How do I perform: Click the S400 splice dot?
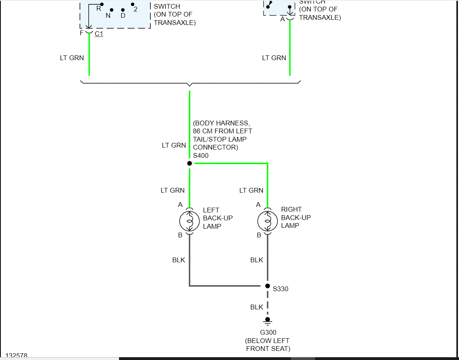click(189, 163)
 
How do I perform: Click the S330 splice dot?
click(267, 286)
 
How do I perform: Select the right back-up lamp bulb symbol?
click(267, 220)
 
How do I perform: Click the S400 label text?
click(201, 155)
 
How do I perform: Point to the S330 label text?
click(281, 289)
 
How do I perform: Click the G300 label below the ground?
click(268, 332)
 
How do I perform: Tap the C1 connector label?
click(99, 34)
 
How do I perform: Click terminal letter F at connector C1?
click(82, 33)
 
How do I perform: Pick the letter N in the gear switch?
click(108, 16)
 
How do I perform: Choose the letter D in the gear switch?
click(123, 16)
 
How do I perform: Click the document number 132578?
click(16, 356)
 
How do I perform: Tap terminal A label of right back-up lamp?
click(258, 205)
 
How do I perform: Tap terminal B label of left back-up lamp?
click(180, 235)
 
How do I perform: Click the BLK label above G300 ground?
click(257, 307)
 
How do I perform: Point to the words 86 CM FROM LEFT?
click(222, 131)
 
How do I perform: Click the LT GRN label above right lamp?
click(251, 190)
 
